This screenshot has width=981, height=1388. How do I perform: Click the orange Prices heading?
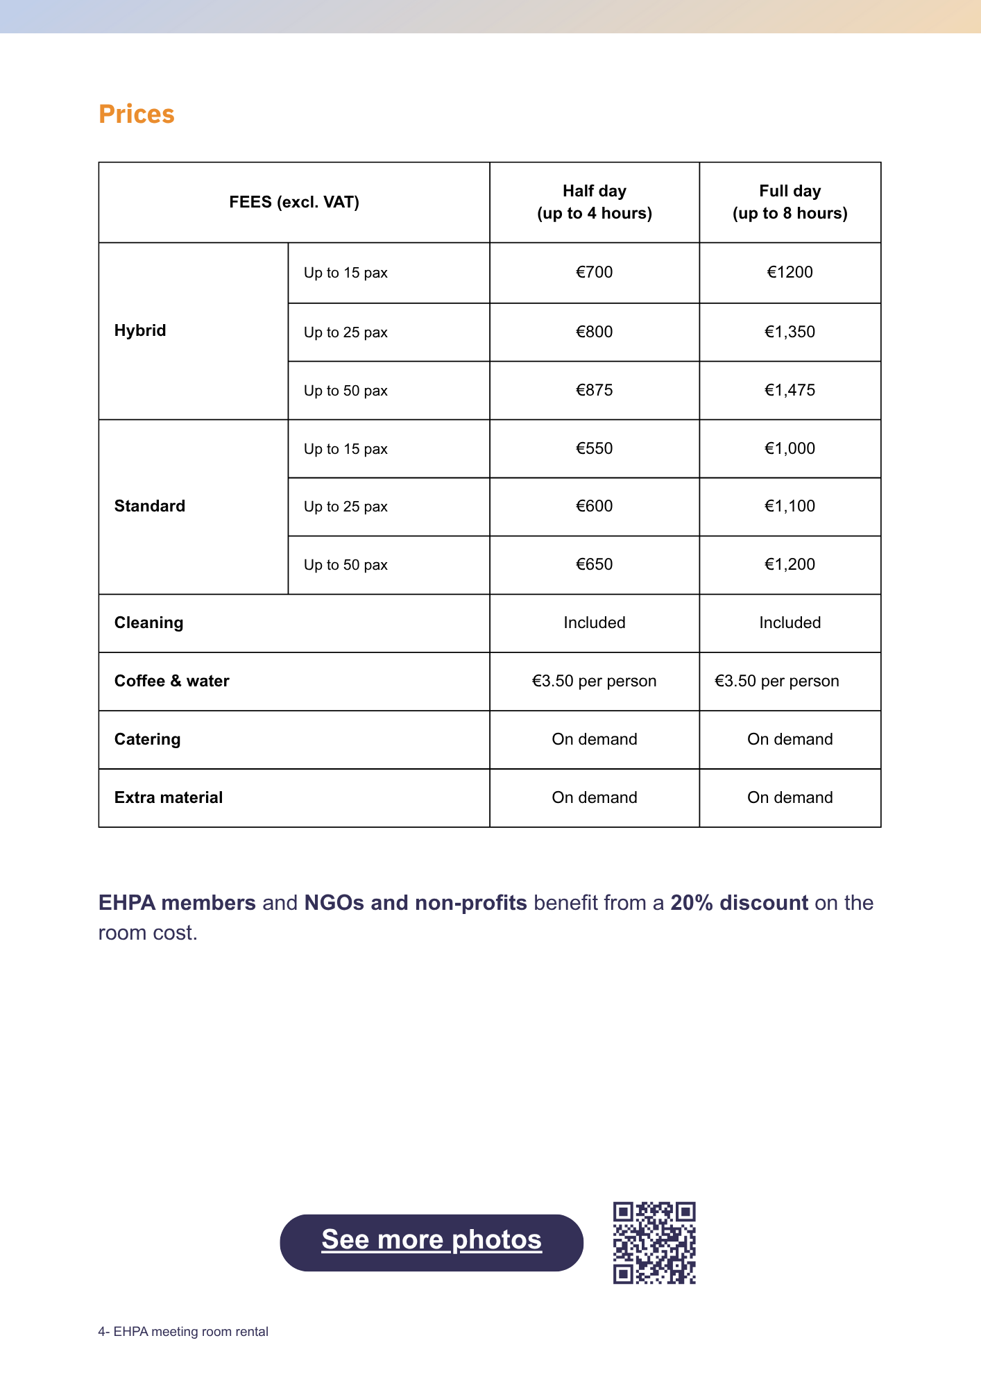(136, 114)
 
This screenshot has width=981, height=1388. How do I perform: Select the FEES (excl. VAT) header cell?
(294, 202)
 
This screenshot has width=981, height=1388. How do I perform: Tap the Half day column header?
(594, 202)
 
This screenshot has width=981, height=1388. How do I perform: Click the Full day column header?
(790, 202)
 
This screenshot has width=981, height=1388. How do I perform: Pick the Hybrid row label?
(140, 330)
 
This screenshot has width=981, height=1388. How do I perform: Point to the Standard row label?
(150, 506)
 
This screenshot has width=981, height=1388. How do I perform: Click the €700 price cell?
(594, 272)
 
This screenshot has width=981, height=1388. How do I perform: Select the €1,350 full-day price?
(790, 332)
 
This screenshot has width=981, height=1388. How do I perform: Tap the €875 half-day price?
(594, 390)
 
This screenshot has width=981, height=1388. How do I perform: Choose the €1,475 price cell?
(790, 390)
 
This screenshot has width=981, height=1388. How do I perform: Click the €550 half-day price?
(594, 448)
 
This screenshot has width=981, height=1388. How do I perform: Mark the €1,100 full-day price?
(790, 506)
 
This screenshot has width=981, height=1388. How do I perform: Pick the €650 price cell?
(594, 564)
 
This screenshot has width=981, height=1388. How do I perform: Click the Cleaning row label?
(148, 623)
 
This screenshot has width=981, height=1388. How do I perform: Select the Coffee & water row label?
(171, 681)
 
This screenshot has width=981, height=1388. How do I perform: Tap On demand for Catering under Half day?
(594, 739)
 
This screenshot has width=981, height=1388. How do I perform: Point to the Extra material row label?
(169, 797)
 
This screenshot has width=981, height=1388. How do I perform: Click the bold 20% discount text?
(739, 902)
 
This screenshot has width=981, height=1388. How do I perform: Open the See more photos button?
(431, 1242)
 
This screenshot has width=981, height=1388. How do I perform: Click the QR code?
(654, 1242)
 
